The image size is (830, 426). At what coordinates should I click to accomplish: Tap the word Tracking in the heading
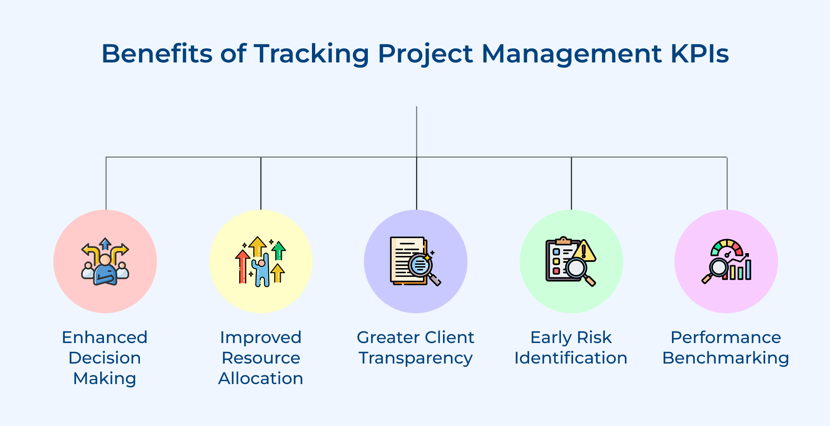(x=311, y=54)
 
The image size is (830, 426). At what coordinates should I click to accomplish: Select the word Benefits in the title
(x=157, y=54)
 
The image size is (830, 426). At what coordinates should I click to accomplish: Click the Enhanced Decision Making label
(x=104, y=357)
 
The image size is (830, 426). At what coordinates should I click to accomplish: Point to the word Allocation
(x=261, y=378)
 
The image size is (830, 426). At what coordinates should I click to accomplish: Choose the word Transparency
(x=415, y=357)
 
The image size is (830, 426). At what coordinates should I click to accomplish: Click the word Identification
(x=571, y=357)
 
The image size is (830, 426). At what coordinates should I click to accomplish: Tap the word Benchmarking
(x=726, y=357)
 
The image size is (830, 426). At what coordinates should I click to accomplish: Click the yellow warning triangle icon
(x=584, y=252)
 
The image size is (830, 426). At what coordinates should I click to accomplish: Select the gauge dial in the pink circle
(x=726, y=248)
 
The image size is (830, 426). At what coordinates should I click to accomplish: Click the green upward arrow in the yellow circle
(x=278, y=250)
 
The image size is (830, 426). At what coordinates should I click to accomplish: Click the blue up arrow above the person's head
(x=105, y=244)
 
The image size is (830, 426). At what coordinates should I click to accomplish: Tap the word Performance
(x=726, y=337)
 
